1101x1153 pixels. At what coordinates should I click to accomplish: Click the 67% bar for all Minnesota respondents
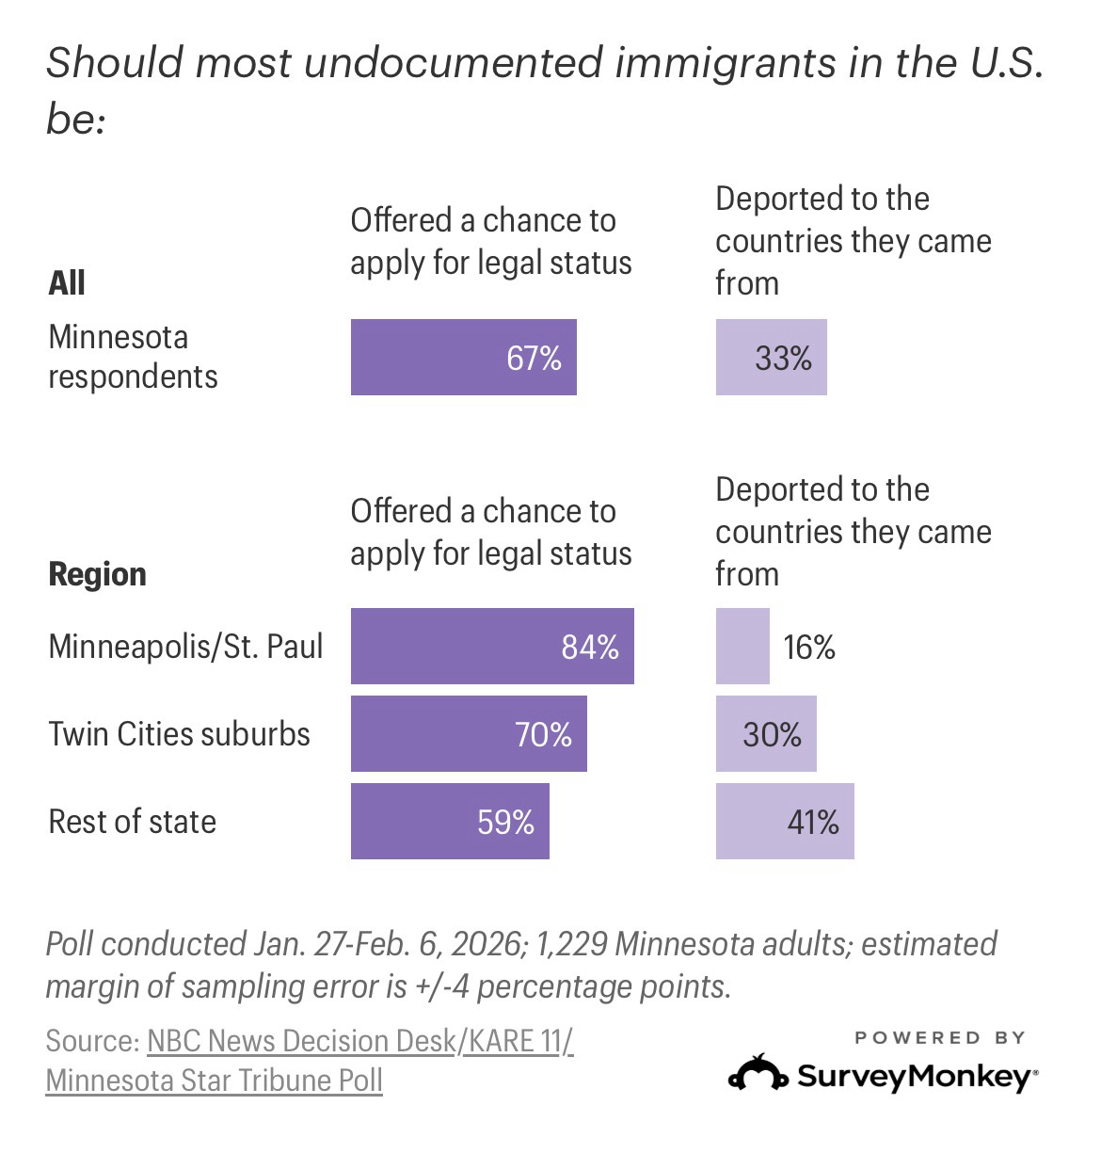(463, 357)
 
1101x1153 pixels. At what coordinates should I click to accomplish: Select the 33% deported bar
(771, 357)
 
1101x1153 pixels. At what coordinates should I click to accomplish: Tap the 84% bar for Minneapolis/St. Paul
(491, 646)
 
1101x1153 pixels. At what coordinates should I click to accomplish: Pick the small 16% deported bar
(742, 646)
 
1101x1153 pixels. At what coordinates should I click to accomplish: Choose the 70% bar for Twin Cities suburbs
(468, 733)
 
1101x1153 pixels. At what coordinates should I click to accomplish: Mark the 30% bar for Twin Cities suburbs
(765, 733)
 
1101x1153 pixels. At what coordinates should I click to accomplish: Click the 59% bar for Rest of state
(449, 821)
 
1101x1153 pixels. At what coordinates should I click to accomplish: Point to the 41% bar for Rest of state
(784, 821)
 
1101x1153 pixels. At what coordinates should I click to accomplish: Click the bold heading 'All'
(67, 282)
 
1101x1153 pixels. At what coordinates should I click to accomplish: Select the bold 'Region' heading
(97, 574)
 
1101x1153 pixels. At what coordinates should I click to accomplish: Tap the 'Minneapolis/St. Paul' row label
(185, 647)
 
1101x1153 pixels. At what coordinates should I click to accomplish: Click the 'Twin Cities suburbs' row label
(179, 734)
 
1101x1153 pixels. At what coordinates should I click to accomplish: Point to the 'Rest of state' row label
(132, 822)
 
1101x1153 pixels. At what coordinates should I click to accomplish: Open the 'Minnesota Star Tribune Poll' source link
(214, 1080)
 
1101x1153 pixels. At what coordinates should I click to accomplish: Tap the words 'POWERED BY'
(939, 1037)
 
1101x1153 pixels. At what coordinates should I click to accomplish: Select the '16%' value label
(809, 648)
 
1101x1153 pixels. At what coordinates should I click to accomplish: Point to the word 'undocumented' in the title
(453, 62)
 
